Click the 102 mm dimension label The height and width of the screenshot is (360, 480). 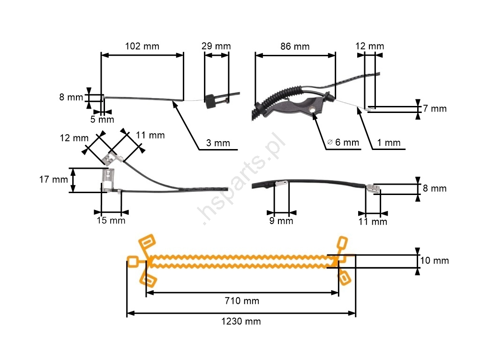142,46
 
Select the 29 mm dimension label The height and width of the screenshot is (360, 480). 216,46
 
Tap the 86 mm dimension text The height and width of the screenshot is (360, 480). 295,46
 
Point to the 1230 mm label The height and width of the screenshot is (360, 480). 241,322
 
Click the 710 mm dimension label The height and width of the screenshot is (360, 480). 242,301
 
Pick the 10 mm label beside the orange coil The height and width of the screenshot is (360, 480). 434,261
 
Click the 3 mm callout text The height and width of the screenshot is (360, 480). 218,143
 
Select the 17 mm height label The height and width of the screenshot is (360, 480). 53,180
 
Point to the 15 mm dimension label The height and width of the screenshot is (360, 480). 111,220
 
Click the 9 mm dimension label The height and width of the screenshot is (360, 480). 281,221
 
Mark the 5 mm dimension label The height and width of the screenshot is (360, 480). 102,120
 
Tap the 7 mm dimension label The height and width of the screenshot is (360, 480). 435,109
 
